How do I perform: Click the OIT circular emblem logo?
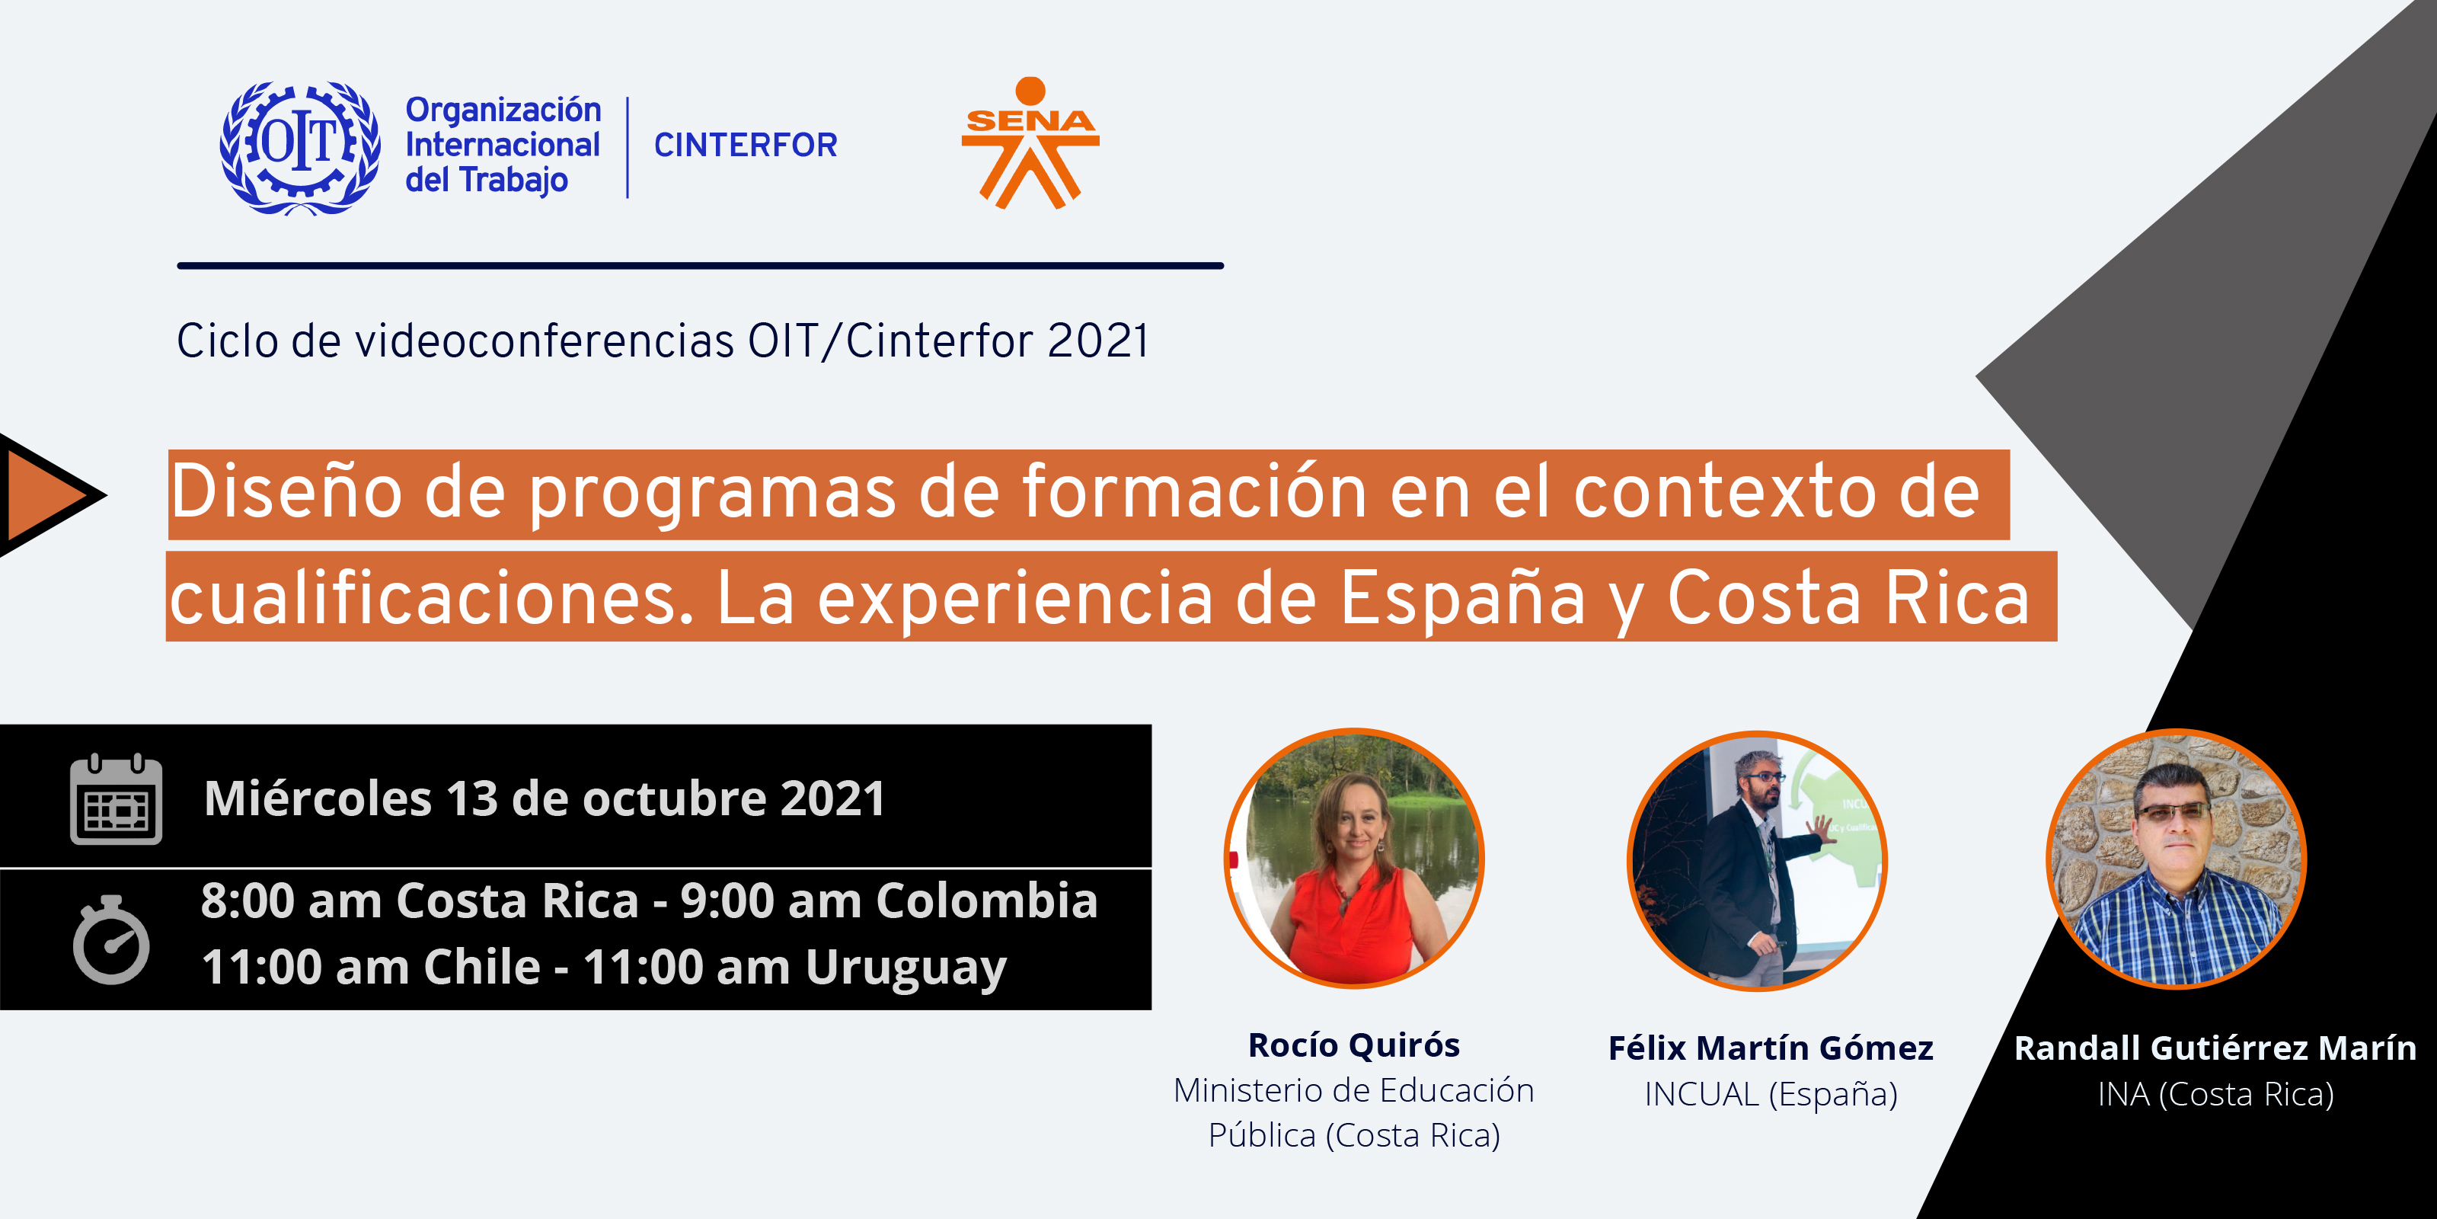click(x=300, y=148)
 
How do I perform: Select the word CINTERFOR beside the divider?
click(x=746, y=145)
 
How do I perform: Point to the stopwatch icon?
click(x=112, y=940)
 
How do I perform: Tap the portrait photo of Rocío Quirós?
click(x=1354, y=859)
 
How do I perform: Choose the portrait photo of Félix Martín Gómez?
click(x=1757, y=861)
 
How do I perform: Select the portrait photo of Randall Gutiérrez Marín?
click(x=2176, y=859)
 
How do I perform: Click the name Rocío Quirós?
click(x=1354, y=1045)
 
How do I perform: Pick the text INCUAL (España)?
click(x=1771, y=1094)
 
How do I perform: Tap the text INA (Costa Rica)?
click(x=2215, y=1094)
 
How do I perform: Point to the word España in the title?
click(x=1462, y=598)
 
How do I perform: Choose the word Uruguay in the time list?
click(x=905, y=968)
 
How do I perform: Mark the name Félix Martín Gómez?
click(x=1771, y=1048)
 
